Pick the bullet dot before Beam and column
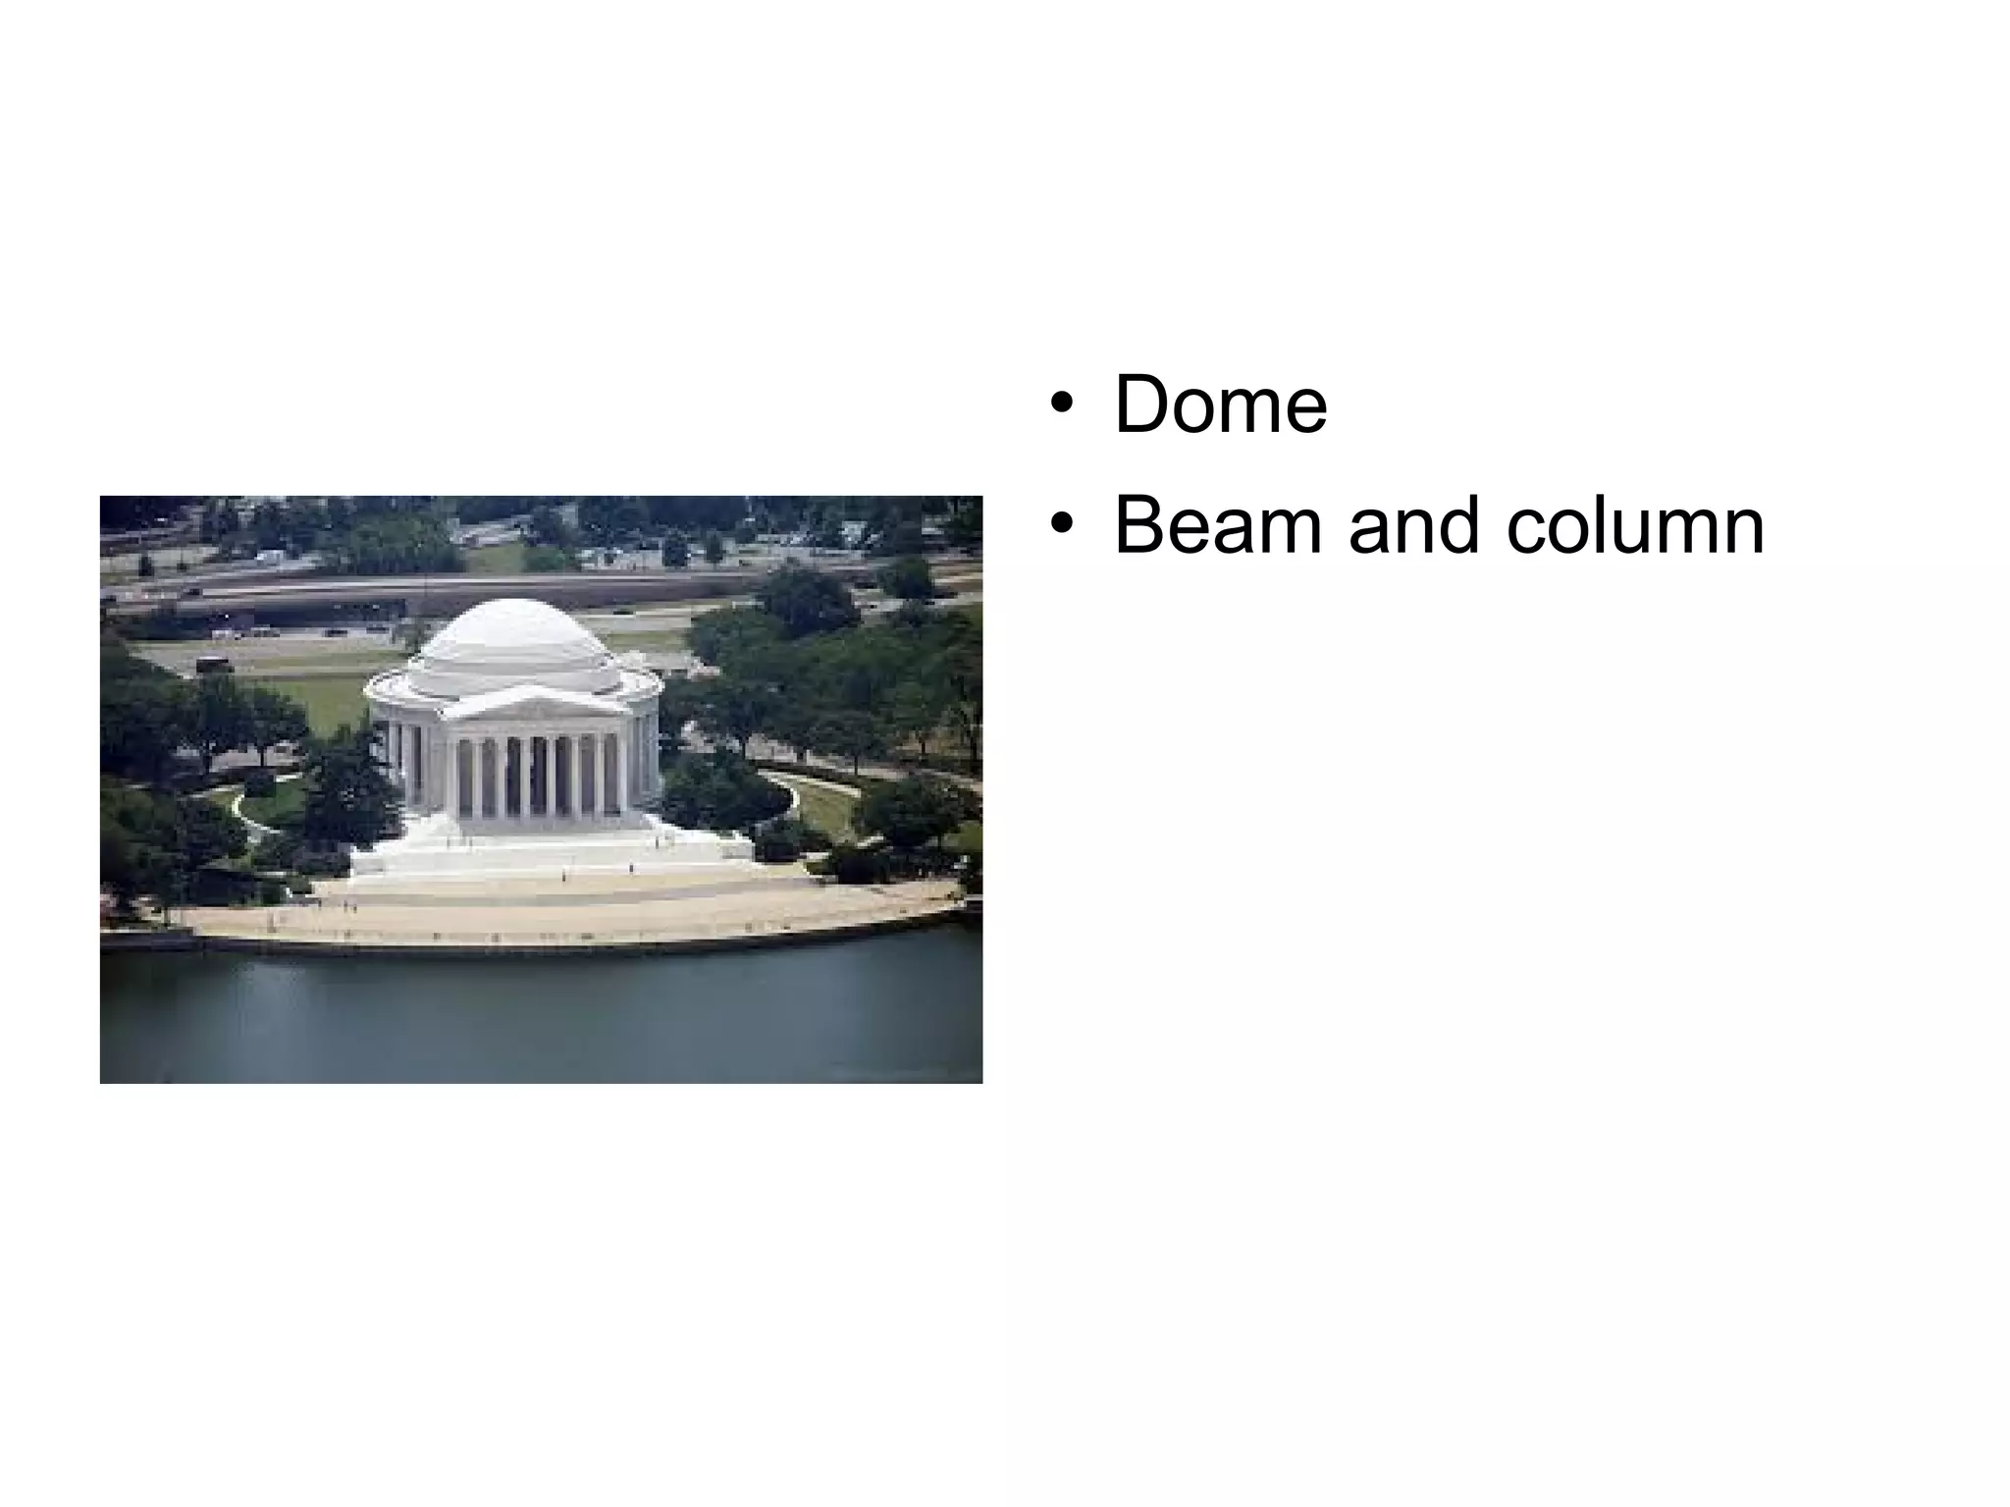click(x=1060, y=526)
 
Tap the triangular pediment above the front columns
click(x=535, y=703)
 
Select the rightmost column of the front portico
click(x=622, y=776)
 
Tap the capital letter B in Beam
click(x=1138, y=526)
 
